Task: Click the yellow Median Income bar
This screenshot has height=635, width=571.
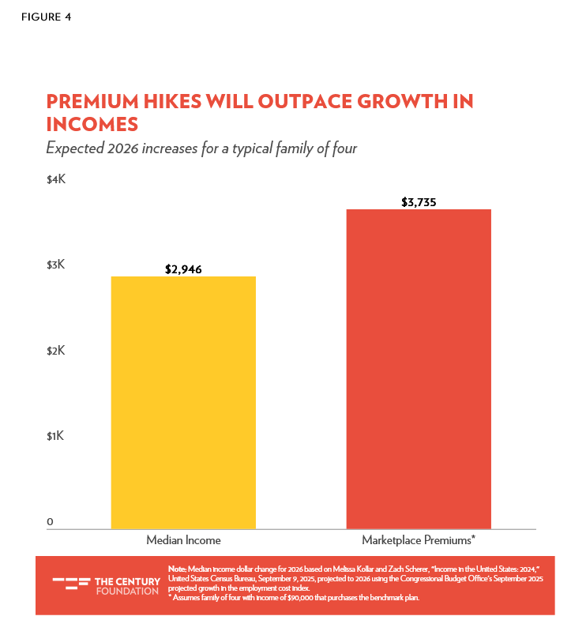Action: (183, 402)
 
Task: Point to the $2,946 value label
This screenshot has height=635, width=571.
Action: (183, 269)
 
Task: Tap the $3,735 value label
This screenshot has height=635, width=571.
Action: (419, 202)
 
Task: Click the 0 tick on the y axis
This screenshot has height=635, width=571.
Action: (50, 521)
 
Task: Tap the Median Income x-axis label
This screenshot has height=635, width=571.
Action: (183, 541)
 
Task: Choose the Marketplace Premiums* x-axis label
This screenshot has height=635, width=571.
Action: (419, 541)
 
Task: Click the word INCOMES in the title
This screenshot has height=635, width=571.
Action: (92, 124)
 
